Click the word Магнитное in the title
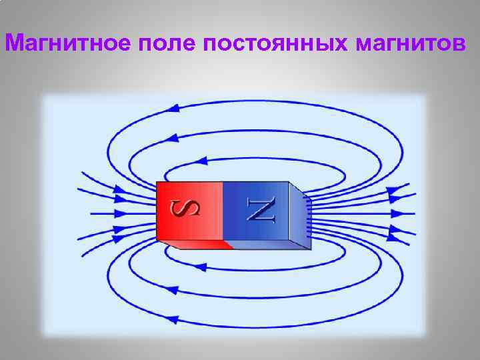click(x=69, y=43)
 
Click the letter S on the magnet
click(x=189, y=210)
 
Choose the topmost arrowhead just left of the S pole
click(x=121, y=188)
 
